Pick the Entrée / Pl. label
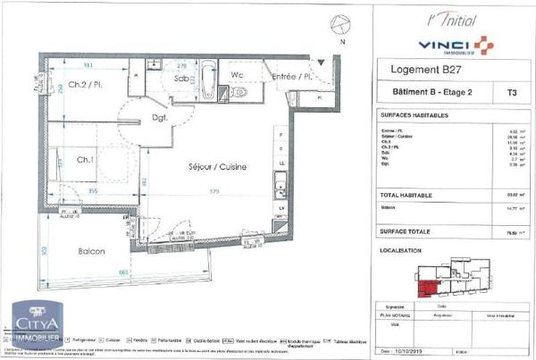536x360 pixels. [x=290, y=78]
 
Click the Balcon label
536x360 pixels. [x=93, y=251]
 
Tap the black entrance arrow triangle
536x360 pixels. [x=322, y=62]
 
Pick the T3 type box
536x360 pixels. [x=511, y=91]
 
